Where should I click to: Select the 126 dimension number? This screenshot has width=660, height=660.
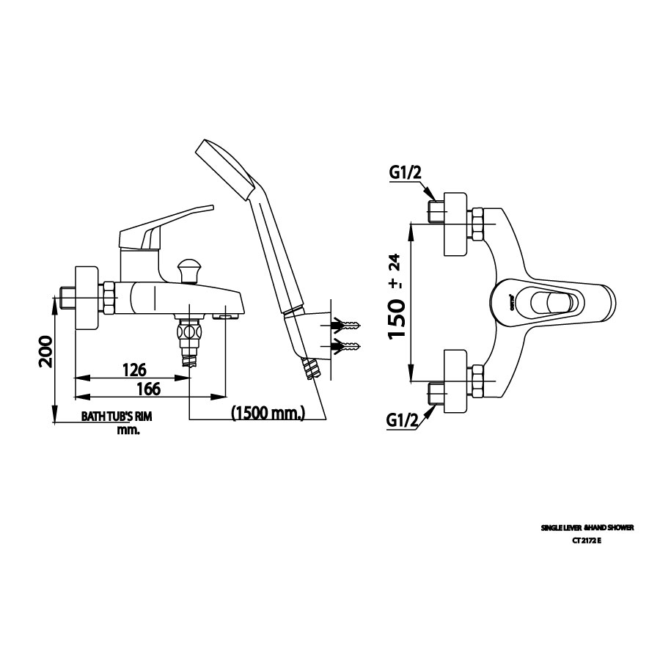coord(134,369)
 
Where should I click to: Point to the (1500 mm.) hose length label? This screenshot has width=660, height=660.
coord(268,414)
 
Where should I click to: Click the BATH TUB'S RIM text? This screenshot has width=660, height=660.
coord(116,417)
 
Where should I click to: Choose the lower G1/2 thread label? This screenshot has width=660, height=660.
coord(403,421)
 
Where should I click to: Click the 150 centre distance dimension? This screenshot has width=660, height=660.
coord(397,317)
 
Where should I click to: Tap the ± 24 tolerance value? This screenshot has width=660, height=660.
coord(395,271)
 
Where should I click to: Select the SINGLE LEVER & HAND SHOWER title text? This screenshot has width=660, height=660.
coord(587,527)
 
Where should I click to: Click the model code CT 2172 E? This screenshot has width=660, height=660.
coord(587,540)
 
